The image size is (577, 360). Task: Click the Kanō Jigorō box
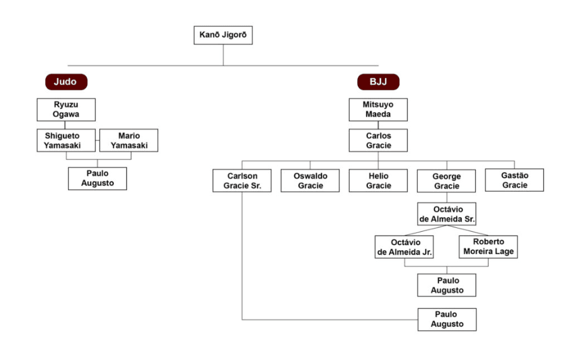click(x=223, y=35)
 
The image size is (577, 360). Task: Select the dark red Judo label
click(x=65, y=82)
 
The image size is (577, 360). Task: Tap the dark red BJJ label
click(x=378, y=82)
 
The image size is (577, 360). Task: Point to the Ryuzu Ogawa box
click(x=66, y=110)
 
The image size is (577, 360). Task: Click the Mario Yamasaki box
click(x=129, y=140)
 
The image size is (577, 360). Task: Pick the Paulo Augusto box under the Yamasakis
click(x=97, y=178)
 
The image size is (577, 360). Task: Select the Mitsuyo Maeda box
click(x=378, y=110)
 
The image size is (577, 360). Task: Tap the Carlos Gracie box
click(x=378, y=140)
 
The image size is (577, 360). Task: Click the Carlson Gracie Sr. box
click(x=242, y=181)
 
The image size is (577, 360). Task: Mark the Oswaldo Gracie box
click(x=311, y=181)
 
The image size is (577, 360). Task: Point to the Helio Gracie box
click(x=378, y=181)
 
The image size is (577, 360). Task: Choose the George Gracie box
click(x=447, y=181)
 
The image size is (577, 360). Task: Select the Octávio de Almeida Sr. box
click(x=447, y=215)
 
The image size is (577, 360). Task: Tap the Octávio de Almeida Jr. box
click(x=404, y=248)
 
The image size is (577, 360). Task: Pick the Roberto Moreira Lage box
click(x=488, y=247)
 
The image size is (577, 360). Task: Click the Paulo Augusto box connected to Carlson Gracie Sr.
click(x=447, y=319)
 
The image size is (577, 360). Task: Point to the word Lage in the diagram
click(x=504, y=252)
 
